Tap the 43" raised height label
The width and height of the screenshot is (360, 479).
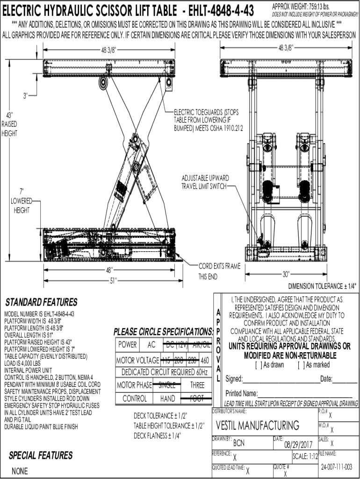[9, 124]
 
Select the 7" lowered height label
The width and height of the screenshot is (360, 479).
[22, 201]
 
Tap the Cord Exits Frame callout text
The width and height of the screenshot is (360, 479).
[219, 271]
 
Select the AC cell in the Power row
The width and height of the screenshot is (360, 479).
[151, 345]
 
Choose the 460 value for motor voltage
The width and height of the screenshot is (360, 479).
[204, 361]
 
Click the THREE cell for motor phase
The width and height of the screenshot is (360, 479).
[197, 385]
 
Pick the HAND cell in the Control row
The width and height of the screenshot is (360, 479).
[167, 399]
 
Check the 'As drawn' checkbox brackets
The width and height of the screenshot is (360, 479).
[258, 365]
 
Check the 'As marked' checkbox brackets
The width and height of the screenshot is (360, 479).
[300, 365]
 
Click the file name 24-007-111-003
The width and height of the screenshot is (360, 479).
[337, 467]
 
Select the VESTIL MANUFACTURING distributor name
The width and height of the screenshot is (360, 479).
[258, 425]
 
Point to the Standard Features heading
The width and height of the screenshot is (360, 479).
[41, 302]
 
